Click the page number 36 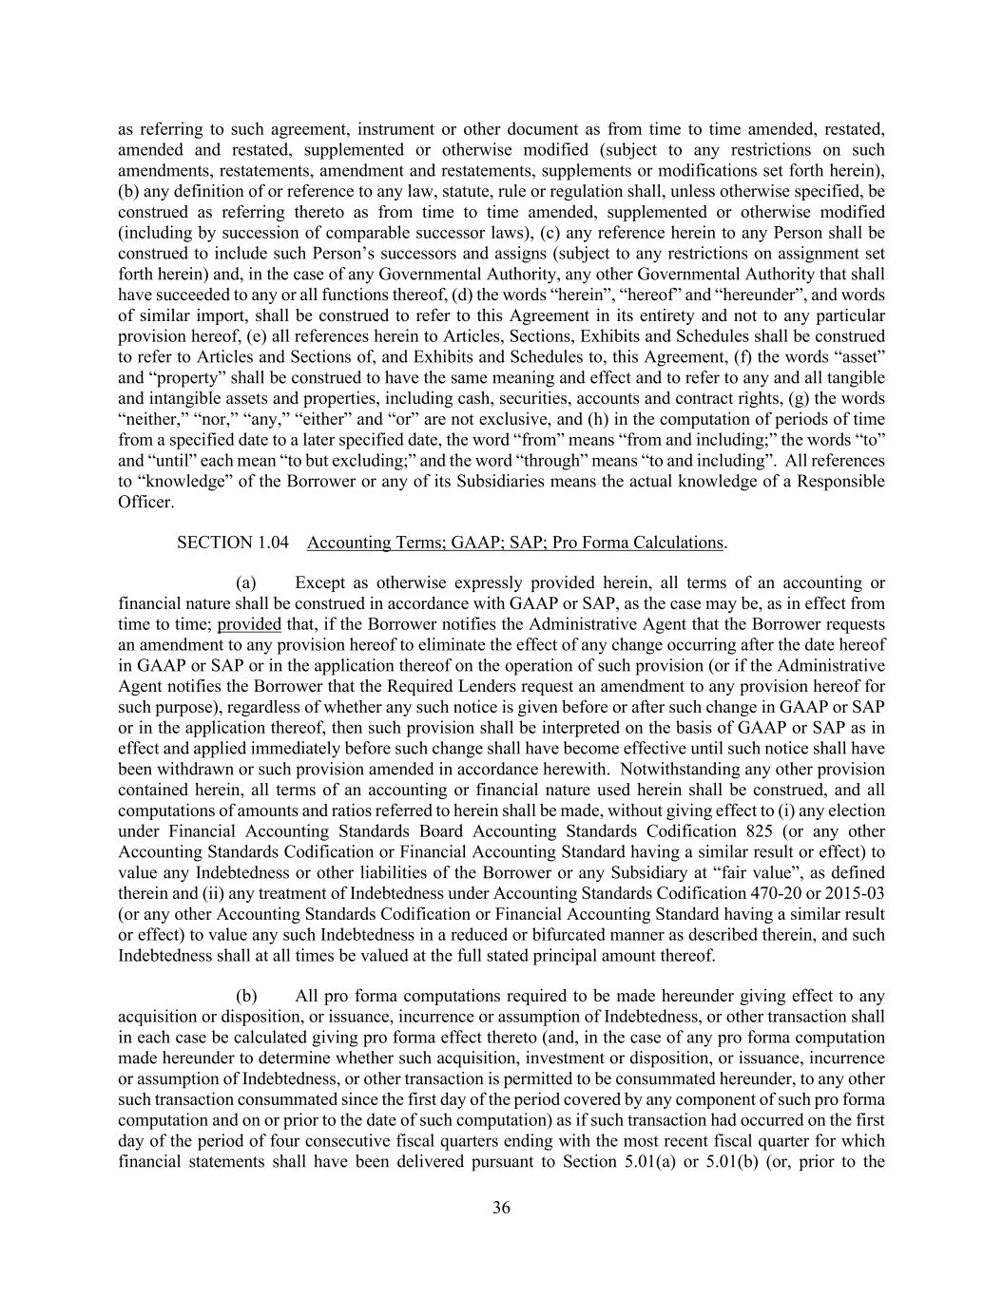pyautogui.click(x=501, y=1209)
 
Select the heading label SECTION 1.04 pyautogui.click(x=226, y=543)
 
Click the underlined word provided pyautogui.click(x=249, y=624)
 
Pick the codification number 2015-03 pyautogui.click(x=853, y=893)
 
